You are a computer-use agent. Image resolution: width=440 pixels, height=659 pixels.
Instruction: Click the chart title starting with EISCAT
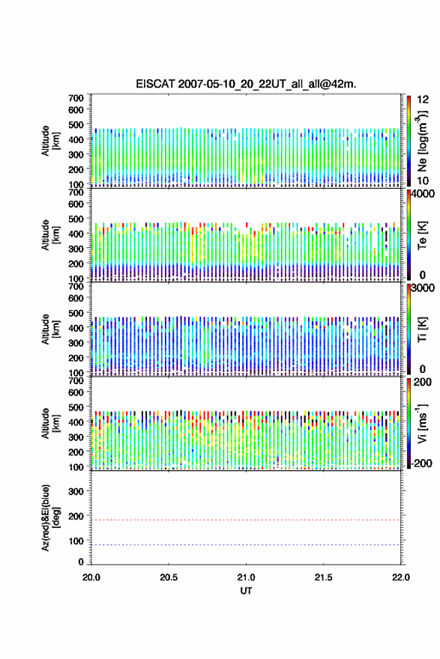(x=246, y=84)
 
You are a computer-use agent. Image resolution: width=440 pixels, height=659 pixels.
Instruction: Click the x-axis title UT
(x=246, y=591)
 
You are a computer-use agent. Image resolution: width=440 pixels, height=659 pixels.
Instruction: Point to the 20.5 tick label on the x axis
(x=169, y=577)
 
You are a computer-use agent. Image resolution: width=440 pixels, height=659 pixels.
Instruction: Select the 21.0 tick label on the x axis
(x=246, y=577)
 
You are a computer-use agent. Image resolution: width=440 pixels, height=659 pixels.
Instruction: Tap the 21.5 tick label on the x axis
(x=323, y=577)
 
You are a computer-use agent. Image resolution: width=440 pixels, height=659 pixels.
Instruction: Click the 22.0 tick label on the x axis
(x=400, y=577)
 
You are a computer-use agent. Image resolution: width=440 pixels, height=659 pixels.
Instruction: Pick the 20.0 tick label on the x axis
(x=91, y=577)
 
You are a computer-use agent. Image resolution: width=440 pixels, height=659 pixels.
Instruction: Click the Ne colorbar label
(x=422, y=141)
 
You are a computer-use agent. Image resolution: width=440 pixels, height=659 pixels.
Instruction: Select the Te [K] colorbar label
(x=422, y=235)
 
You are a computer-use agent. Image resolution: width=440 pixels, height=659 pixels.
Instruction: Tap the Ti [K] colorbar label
(x=422, y=329)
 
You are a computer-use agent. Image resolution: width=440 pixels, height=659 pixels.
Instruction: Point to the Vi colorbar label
(x=422, y=423)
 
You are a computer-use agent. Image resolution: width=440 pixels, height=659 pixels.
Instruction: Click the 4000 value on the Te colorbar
(x=422, y=194)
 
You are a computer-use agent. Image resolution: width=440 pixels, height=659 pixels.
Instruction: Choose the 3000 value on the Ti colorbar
(x=422, y=288)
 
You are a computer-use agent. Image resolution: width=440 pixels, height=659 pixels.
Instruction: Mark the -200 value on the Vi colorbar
(x=421, y=463)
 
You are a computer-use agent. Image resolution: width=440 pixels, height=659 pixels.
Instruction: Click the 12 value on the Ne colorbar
(x=423, y=100)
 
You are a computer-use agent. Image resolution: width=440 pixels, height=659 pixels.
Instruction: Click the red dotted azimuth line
(x=246, y=520)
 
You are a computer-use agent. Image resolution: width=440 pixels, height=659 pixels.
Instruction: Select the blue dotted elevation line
(x=246, y=544)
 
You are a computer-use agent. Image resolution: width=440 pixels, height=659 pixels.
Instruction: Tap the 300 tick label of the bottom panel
(x=76, y=491)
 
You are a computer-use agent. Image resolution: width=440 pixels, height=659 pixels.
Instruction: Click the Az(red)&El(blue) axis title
(x=49, y=517)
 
